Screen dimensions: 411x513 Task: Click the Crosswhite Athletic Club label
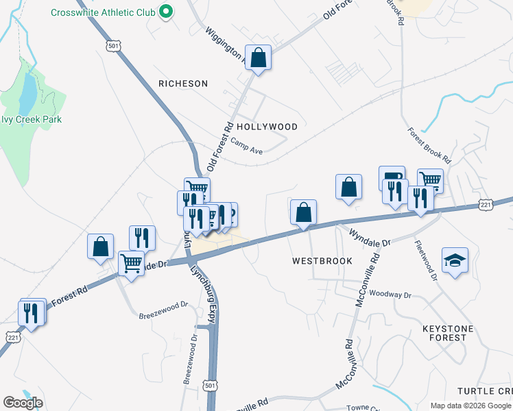tap(102, 12)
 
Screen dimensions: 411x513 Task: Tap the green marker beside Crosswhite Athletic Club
tap(165, 12)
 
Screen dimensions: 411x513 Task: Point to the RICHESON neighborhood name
tap(182, 84)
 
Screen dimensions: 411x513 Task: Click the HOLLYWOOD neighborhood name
tap(267, 127)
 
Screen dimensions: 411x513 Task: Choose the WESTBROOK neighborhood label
tap(322, 261)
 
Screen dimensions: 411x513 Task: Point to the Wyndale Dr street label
tap(370, 238)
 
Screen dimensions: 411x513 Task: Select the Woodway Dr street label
tap(389, 295)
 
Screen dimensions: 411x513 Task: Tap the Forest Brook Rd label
tap(428, 145)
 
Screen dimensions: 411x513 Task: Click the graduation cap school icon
tap(455, 260)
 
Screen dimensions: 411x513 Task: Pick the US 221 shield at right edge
tap(486, 205)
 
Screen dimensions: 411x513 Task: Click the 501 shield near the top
tap(112, 45)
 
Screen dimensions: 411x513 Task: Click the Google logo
tap(23, 403)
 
